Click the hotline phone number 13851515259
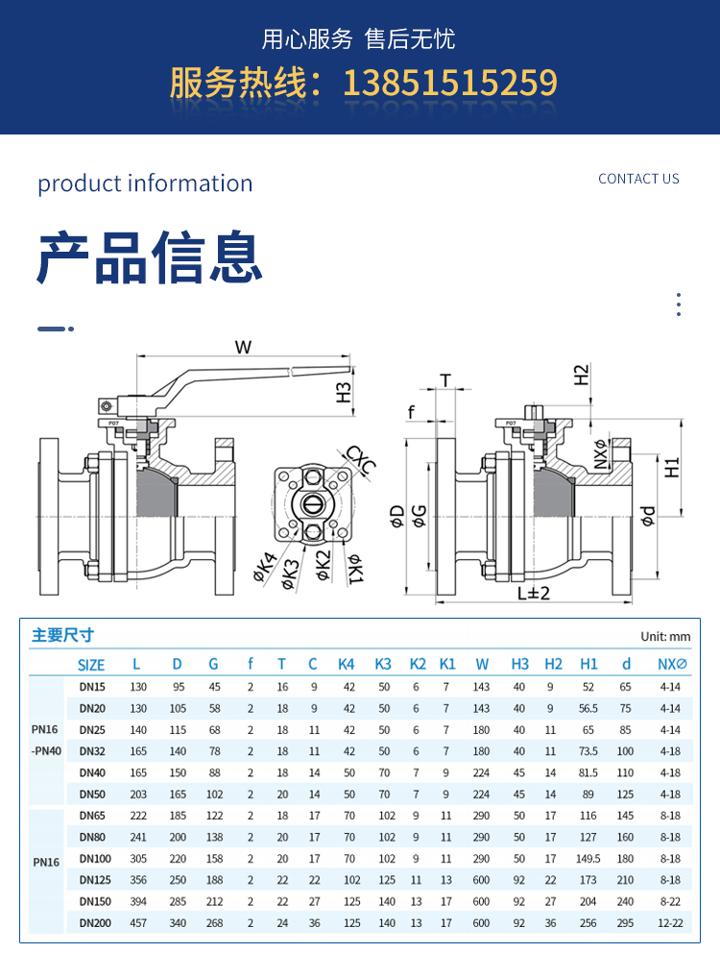point(449,83)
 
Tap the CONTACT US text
point(638,179)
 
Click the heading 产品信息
point(150,257)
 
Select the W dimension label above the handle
point(243,347)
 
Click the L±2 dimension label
point(533,593)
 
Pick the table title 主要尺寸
point(63,635)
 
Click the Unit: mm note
point(665,636)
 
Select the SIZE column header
point(91,664)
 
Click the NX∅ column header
point(671,664)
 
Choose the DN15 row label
point(92,687)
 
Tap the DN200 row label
point(94,923)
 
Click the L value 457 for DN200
point(138,923)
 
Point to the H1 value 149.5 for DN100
point(588,859)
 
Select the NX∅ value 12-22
point(670,923)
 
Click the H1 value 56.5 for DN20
point(588,708)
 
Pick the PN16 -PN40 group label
point(45,741)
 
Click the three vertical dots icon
point(678,305)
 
